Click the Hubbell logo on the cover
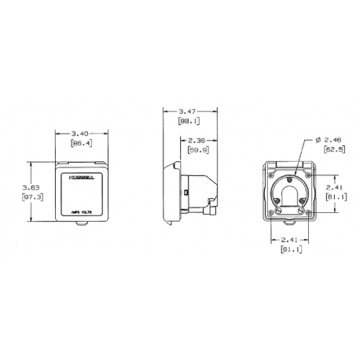pyautogui.click(x=79, y=178)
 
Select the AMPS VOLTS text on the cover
pyautogui.click(x=81, y=211)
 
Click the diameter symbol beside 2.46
pyautogui.click(x=317, y=138)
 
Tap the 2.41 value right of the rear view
pyautogui.click(x=333, y=188)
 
